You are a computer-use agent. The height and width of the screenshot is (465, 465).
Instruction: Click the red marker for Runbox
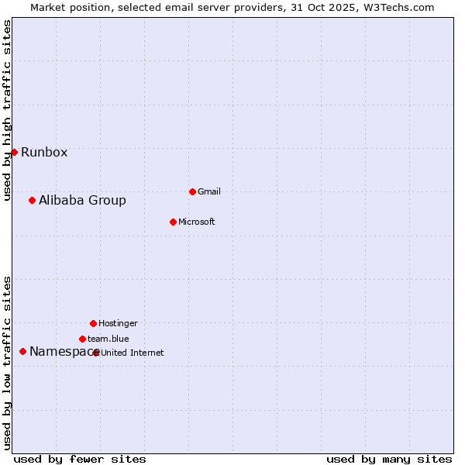(x=14, y=152)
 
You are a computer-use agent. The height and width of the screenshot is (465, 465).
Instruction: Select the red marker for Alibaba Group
(x=32, y=200)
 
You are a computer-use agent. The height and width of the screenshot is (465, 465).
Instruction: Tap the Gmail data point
(x=192, y=191)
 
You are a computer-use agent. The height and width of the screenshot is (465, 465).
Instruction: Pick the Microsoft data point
(x=173, y=222)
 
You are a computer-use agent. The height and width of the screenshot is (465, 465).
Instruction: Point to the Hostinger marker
(x=93, y=323)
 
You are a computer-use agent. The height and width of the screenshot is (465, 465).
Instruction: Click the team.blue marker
(x=82, y=339)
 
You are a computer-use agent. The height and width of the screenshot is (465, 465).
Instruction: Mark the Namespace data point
(x=22, y=351)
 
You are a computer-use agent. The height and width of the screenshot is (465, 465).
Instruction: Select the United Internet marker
(x=96, y=353)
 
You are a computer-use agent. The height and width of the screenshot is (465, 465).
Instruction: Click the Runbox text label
(x=44, y=152)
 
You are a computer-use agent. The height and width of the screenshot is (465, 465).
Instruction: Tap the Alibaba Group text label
(x=82, y=200)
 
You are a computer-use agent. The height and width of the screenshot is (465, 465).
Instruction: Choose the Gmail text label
(x=209, y=191)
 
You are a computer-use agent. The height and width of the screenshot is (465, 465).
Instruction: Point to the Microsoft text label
(x=196, y=222)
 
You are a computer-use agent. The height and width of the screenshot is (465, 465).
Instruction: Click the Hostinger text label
(x=118, y=323)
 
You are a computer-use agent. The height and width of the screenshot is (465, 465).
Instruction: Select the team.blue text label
(x=108, y=339)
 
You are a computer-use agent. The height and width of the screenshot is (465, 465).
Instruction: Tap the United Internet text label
(x=133, y=353)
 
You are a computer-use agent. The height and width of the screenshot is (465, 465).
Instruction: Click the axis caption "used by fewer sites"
(x=80, y=459)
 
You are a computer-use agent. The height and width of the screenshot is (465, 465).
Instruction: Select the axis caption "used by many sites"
(x=389, y=459)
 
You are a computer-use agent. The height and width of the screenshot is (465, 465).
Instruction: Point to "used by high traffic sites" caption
(x=7, y=110)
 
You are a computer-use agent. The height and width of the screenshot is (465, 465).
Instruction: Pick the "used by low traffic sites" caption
(x=7, y=363)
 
